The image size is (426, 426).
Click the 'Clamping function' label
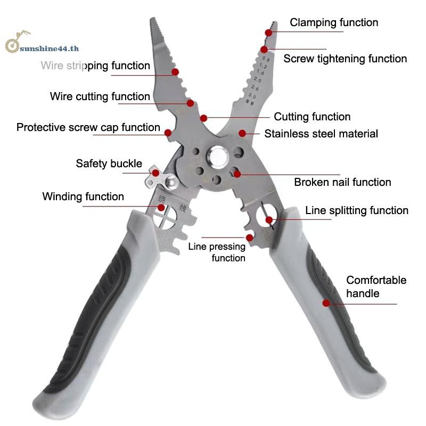tap(334, 22)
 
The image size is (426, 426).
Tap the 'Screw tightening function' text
tap(345, 59)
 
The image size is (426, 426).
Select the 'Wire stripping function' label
tap(95, 65)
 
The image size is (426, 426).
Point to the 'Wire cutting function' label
tap(100, 96)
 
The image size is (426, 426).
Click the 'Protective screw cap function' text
tap(88, 127)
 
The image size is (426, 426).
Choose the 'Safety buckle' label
tap(109, 163)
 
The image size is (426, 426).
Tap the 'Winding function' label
tap(83, 196)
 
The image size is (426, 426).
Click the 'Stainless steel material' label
tap(321, 134)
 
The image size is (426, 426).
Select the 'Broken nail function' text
tap(342, 182)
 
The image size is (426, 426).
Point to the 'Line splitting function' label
tap(357, 210)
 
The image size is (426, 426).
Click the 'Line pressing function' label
tap(217, 252)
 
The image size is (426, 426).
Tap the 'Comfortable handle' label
tap(376, 286)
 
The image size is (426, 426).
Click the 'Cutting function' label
tap(312, 117)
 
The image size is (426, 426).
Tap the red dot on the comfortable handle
tap(326, 303)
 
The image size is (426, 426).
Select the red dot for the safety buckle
tap(155, 173)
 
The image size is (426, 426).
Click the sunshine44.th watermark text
tap(48, 47)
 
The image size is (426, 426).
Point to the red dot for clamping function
tap(269, 32)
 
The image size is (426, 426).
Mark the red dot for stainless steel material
tap(242, 133)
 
